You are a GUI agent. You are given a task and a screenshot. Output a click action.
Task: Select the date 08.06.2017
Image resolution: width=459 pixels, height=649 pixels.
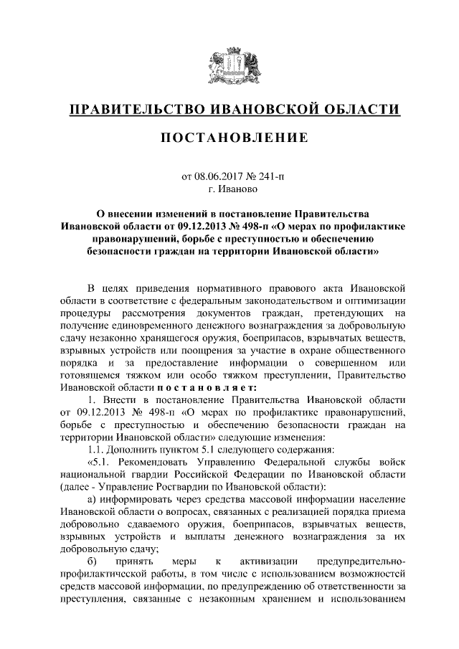tap(219, 178)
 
